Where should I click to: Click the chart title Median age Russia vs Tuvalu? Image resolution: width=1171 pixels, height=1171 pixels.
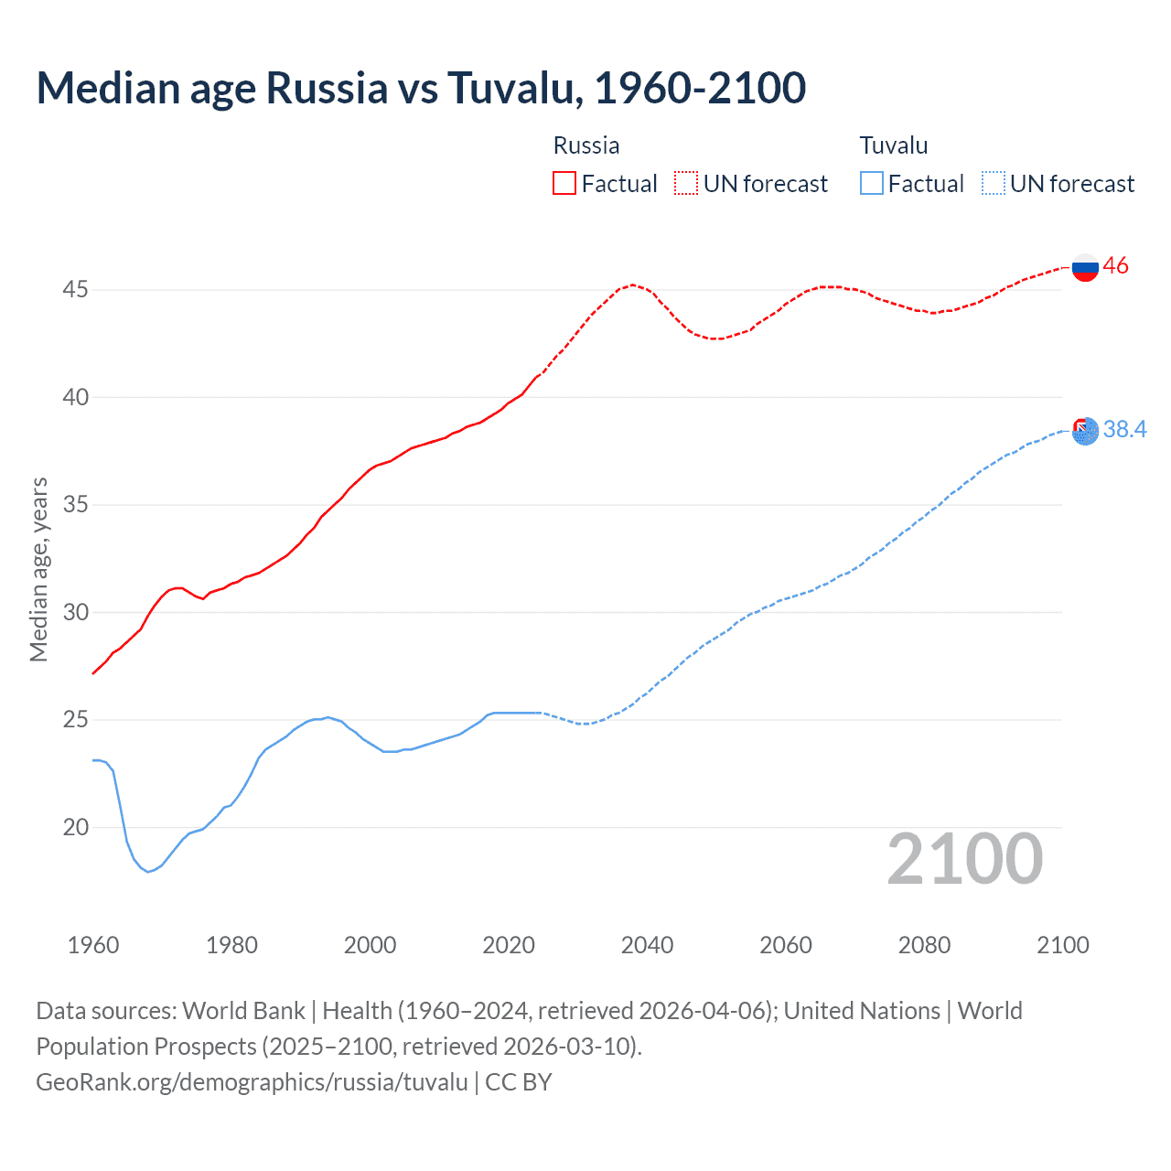pyautogui.click(x=421, y=88)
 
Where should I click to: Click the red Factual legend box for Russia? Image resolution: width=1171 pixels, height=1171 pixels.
pyautogui.click(x=564, y=183)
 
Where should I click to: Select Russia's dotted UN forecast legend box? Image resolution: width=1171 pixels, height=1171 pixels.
pyautogui.click(x=686, y=183)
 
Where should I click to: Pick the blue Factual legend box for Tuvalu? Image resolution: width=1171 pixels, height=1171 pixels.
pyautogui.click(x=871, y=183)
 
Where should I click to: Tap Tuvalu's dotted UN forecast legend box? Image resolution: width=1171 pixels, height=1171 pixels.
pyautogui.click(x=993, y=183)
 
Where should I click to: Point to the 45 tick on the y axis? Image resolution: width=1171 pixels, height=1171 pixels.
pyautogui.click(x=75, y=290)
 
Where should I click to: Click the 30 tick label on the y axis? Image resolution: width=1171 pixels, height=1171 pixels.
pyautogui.click(x=75, y=612)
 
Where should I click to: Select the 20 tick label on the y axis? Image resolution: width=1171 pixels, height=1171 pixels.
pyautogui.click(x=75, y=827)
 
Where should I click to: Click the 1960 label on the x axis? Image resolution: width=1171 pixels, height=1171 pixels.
pyautogui.click(x=93, y=945)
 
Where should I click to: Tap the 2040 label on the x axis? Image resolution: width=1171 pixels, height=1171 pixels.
pyautogui.click(x=647, y=945)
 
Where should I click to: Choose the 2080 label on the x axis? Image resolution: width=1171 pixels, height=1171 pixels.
pyautogui.click(x=924, y=945)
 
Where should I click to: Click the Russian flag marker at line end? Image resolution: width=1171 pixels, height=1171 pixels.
pyautogui.click(x=1085, y=267)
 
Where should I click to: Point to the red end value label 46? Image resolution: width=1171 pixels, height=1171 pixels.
pyautogui.click(x=1116, y=266)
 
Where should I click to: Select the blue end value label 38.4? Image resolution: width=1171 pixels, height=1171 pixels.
pyautogui.click(x=1125, y=429)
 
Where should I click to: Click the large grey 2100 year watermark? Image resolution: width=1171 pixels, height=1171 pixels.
pyautogui.click(x=964, y=858)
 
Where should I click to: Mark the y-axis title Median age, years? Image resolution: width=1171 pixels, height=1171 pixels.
pyautogui.click(x=38, y=569)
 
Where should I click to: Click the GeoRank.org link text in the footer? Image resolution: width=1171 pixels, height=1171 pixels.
pyautogui.click(x=252, y=1082)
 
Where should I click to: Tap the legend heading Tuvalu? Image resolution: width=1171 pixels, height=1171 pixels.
pyautogui.click(x=894, y=145)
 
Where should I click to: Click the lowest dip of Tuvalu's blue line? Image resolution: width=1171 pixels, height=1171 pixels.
pyautogui.click(x=148, y=872)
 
